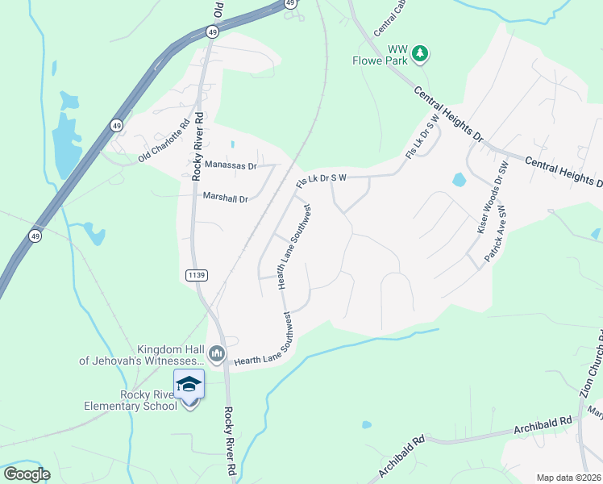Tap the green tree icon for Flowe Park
click(x=419, y=54)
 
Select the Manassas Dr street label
click(x=230, y=165)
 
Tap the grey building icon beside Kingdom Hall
click(x=217, y=353)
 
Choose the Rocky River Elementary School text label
click(x=131, y=399)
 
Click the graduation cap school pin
click(x=189, y=385)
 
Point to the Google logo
click(x=27, y=474)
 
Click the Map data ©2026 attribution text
click(x=569, y=478)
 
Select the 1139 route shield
click(x=197, y=275)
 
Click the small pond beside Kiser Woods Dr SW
click(x=459, y=180)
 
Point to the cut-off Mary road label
click(x=595, y=415)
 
